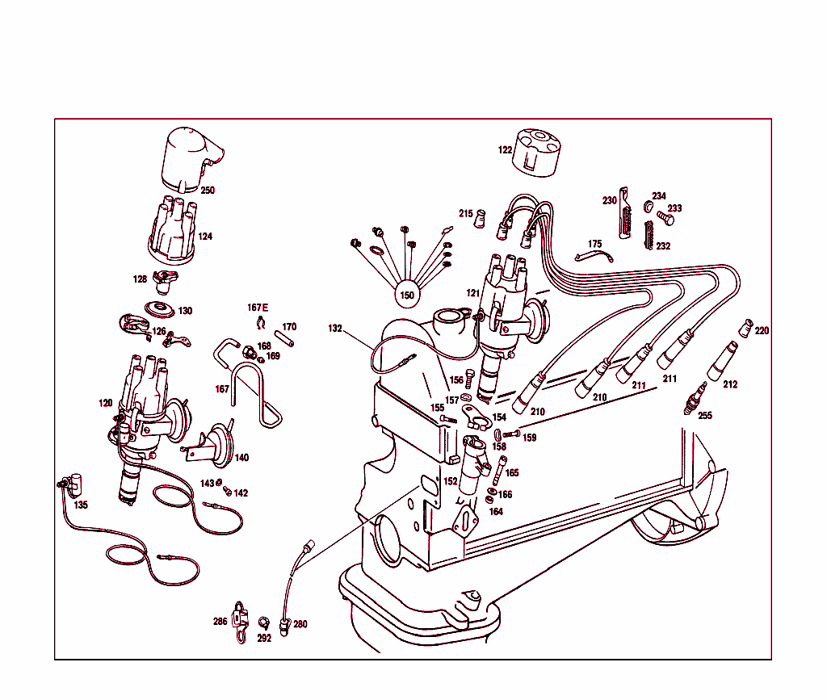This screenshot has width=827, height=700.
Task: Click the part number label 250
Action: point(208,191)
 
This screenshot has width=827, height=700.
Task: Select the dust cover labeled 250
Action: point(189,158)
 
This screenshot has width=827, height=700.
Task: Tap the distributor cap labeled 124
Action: point(171,229)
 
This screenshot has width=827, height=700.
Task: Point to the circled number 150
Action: point(408,296)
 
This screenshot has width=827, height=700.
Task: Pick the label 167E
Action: point(258,308)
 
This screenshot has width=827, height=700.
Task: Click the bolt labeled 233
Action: point(664,217)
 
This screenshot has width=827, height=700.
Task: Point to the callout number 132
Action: point(335,329)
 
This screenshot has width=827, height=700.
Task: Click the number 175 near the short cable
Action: point(595,244)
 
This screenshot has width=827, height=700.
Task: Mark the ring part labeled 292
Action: point(262,622)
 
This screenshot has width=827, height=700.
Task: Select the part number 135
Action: point(81,505)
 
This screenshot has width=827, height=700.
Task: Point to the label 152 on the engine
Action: point(450,481)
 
